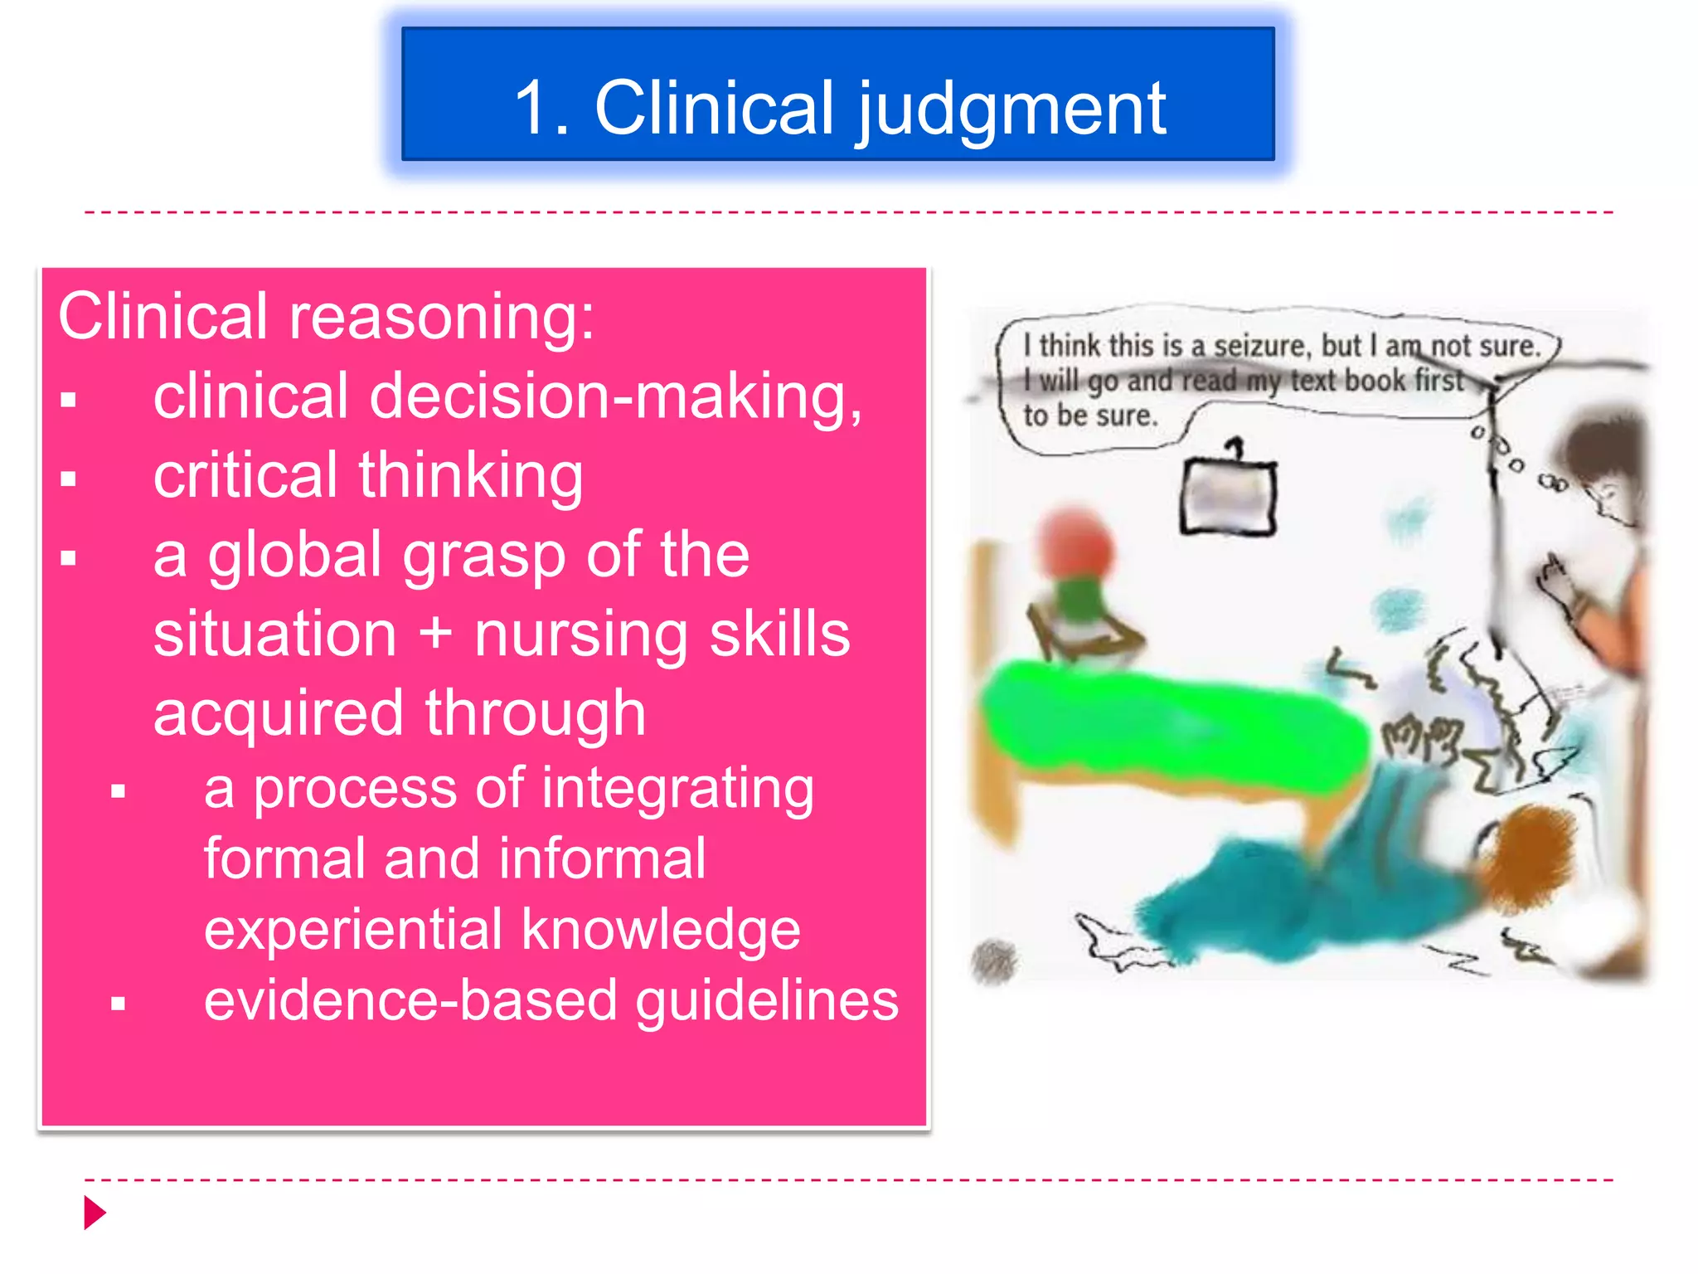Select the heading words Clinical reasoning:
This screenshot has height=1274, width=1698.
click(326, 316)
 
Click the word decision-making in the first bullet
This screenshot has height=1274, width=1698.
click(615, 396)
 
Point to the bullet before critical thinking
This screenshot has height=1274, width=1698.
click(69, 479)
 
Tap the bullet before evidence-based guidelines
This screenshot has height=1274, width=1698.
click(119, 1004)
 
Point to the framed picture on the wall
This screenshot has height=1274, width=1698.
click(1228, 497)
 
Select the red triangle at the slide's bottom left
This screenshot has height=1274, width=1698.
click(95, 1213)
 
